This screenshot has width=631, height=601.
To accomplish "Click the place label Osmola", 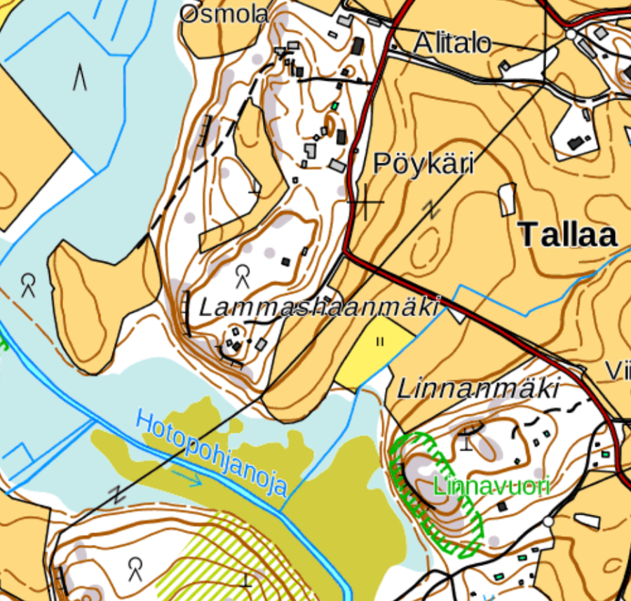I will click(x=224, y=14).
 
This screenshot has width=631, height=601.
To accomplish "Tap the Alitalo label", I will click(x=452, y=43).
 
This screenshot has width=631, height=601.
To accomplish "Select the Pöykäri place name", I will click(x=423, y=163).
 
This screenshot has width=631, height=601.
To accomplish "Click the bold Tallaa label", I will click(x=569, y=235).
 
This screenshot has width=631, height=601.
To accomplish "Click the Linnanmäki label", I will click(x=479, y=389).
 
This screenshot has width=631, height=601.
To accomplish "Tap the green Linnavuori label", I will click(x=491, y=485).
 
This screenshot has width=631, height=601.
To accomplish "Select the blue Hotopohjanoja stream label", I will click(x=212, y=454).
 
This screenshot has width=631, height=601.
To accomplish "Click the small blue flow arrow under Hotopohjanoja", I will click(x=186, y=479).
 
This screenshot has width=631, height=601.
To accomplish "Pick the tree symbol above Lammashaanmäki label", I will click(x=243, y=276).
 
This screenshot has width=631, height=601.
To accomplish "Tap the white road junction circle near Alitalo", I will click(x=570, y=34).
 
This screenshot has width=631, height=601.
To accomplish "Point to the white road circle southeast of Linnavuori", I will click(x=548, y=522).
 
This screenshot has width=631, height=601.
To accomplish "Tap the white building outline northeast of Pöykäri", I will click(x=506, y=199).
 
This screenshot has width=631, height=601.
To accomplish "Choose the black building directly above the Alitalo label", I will click(x=358, y=46).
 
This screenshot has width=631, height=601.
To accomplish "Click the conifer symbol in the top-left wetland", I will click(x=80, y=76).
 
